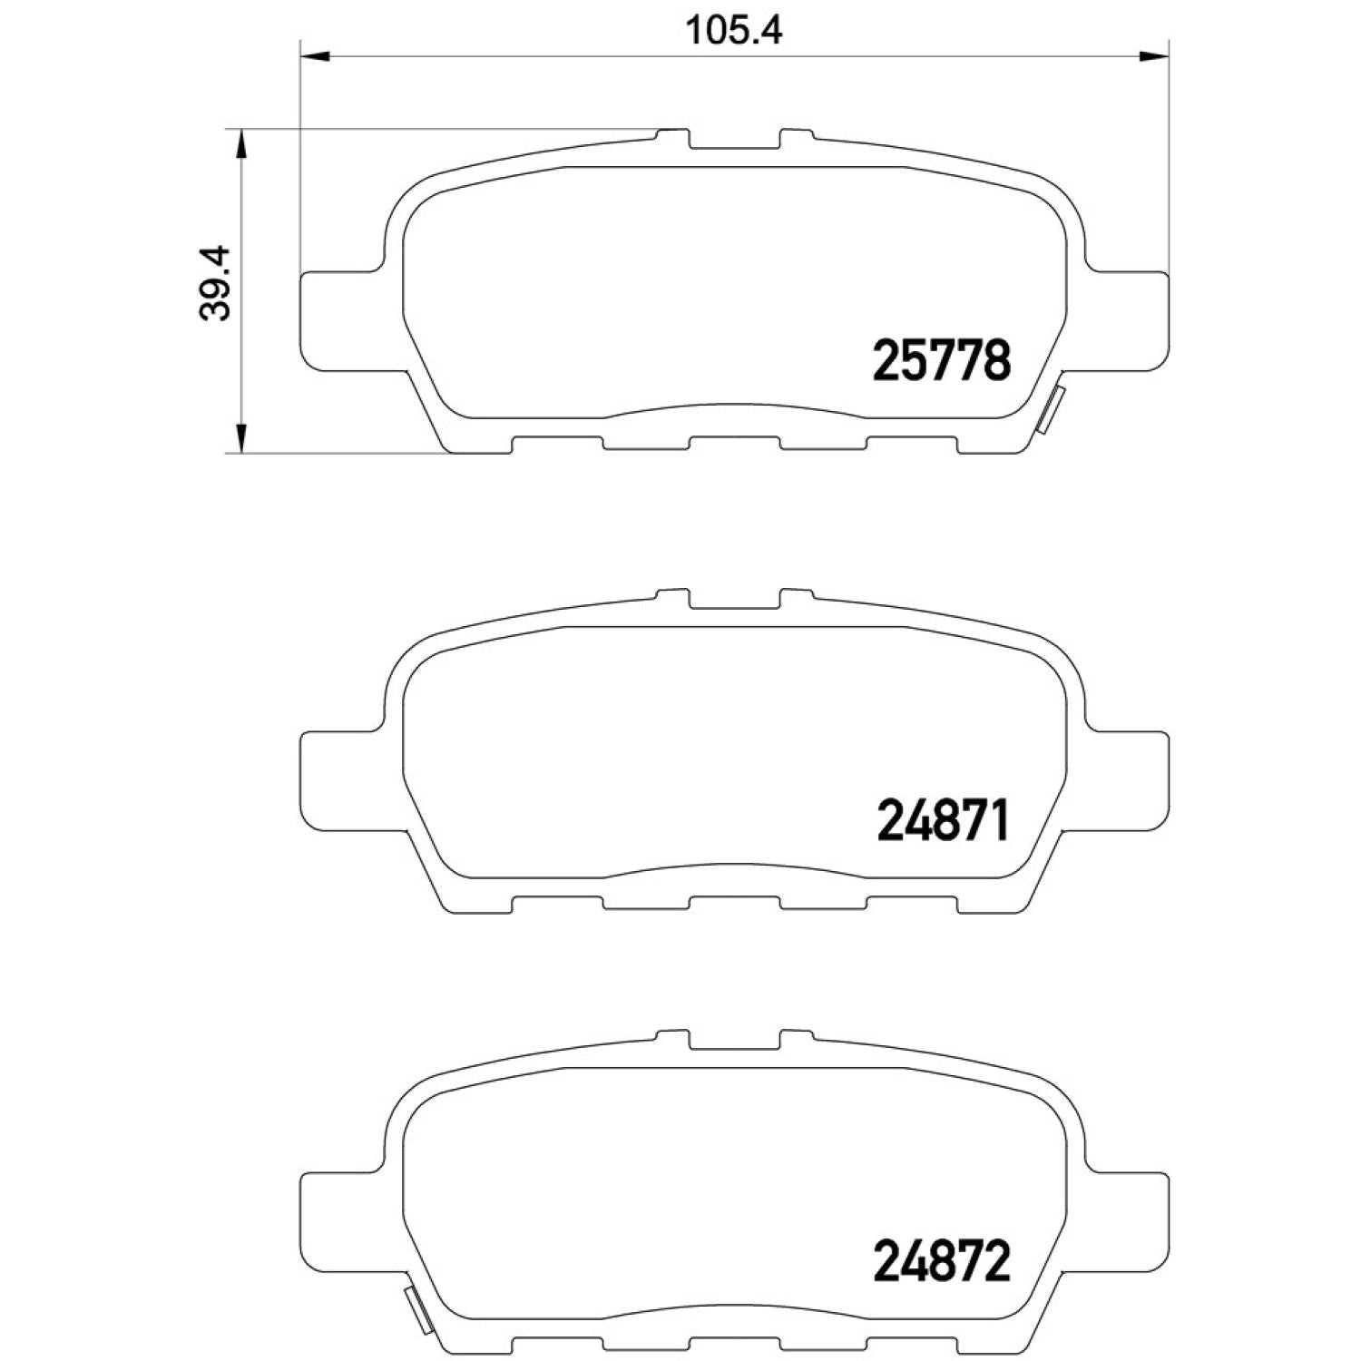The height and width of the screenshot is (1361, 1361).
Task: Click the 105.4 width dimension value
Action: (x=733, y=30)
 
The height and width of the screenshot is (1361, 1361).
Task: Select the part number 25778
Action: (x=941, y=360)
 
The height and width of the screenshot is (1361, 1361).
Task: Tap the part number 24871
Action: (x=943, y=820)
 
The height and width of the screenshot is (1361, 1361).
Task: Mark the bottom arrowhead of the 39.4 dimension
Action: (x=240, y=438)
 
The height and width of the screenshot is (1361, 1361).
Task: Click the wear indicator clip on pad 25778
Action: (x=1050, y=411)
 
